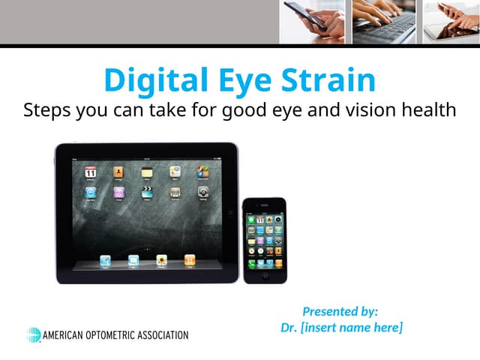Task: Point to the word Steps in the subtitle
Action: [47, 109]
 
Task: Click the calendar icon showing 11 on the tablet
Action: [91, 172]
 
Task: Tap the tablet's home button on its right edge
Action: [230, 212]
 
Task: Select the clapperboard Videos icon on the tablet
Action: [147, 193]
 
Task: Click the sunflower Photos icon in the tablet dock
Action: [161, 260]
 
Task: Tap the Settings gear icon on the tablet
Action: [202, 193]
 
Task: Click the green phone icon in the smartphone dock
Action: [251, 263]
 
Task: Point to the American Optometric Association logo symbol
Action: [34, 334]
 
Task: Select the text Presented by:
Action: [340, 311]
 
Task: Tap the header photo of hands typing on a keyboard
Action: [384, 22]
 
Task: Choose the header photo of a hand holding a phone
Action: [312, 22]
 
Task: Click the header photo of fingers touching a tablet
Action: [451, 22]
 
